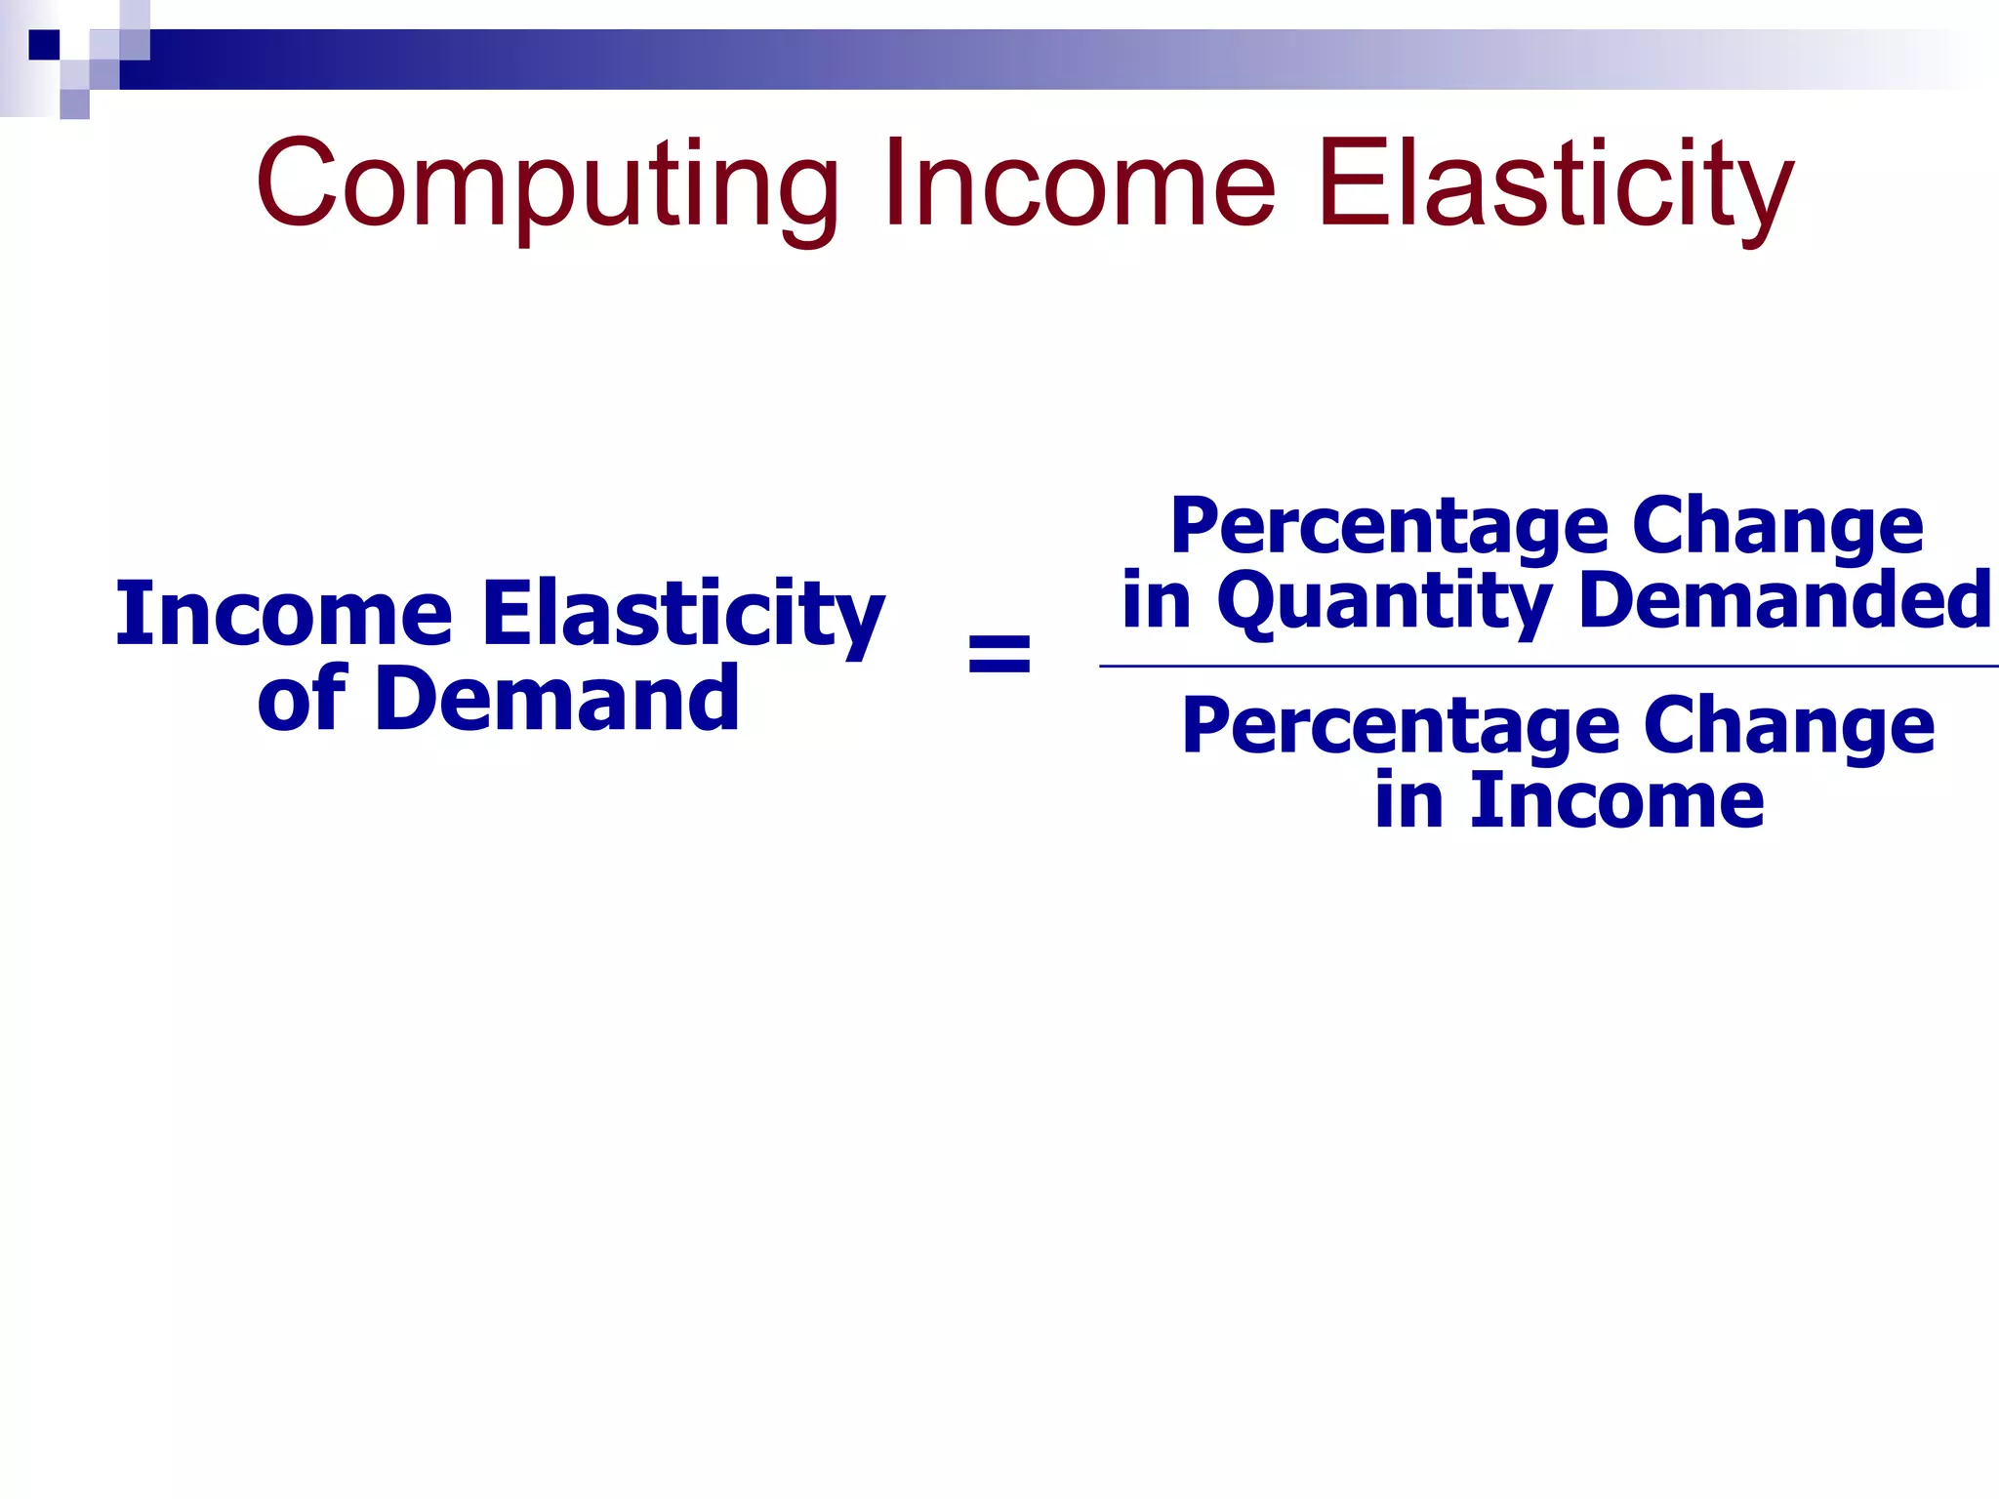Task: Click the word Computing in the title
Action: tap(547, 185)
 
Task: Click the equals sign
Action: tap(999, 655)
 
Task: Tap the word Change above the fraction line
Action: tap(1777, 527)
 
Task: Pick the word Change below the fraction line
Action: tap(1788, 726)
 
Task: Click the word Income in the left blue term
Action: tap(284, 614)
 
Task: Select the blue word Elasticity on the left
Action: tap(683, 615)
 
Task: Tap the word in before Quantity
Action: tap(1157, 599)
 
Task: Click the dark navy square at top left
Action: tap(44, 45)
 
